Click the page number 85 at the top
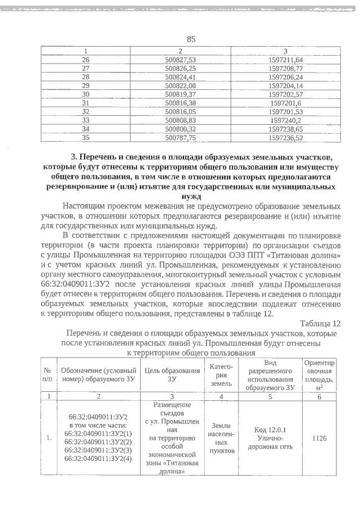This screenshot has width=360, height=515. [191, 39]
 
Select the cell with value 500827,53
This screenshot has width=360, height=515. [184, 60]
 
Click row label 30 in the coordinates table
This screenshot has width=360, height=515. [86, 94]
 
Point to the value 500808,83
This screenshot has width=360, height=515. [184, 120]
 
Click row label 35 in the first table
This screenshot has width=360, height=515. [86, 137]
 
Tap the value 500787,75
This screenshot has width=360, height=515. [184, 137]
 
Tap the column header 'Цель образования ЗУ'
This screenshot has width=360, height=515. [173, 374]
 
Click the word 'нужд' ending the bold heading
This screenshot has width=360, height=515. [191, 197]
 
